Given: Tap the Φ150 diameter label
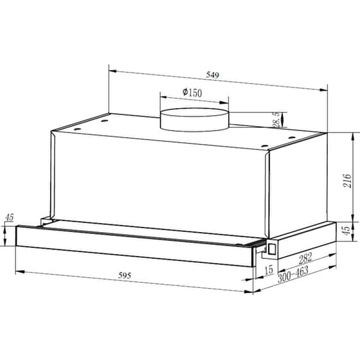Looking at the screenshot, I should point(192,93).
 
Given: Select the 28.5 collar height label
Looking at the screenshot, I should point(276,120).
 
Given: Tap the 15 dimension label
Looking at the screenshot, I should point(268,270).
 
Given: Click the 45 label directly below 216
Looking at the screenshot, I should point(345,230).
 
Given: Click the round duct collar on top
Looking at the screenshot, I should point(194,120).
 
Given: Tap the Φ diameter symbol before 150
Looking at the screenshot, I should point(185,93).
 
